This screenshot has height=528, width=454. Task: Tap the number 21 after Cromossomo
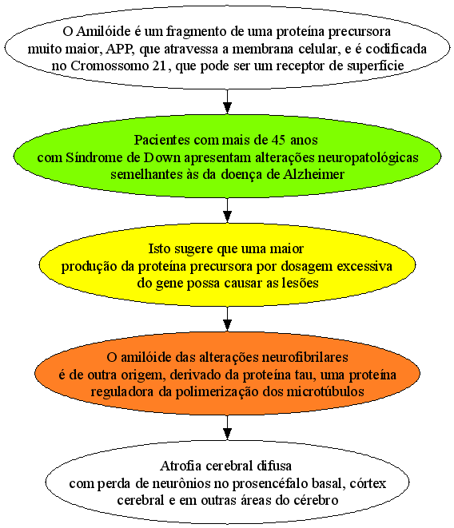click(x=159, y=66)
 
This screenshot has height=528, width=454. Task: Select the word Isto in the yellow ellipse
click(x=159, y=249)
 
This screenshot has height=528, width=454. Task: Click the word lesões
click(x=299, y=284)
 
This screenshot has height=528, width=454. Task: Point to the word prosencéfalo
click(x=270, y=484)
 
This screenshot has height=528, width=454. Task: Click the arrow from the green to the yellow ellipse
click(x=228, y=210)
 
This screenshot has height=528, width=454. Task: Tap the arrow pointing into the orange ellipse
click(x=228, y=320)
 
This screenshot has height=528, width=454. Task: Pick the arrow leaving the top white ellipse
click(x=228, y=101)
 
